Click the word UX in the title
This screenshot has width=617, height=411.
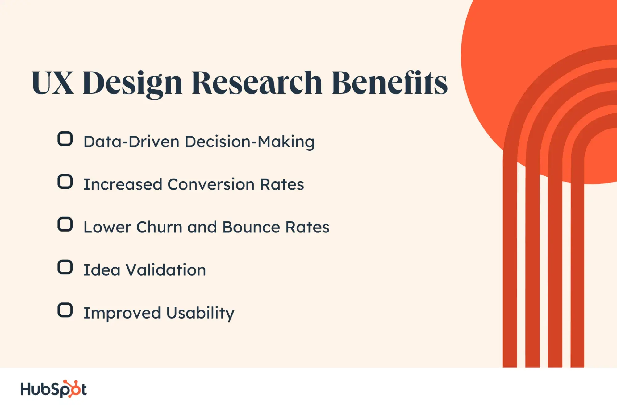[53, 82]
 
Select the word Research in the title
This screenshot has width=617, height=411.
[257, 82]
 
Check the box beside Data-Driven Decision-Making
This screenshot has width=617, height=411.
[65, 139]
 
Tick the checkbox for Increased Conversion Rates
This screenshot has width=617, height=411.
[65, 182]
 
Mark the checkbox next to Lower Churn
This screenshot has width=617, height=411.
[65, 224]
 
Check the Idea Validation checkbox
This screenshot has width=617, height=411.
[65, 267]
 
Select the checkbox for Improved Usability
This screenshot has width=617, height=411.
[65, 310]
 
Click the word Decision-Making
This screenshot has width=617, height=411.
[250, 142]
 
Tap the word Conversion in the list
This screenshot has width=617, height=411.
[211, 184]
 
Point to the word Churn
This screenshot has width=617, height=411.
[159, 227]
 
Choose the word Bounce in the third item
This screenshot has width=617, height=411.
[251, 227]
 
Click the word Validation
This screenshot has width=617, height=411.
[166, 270]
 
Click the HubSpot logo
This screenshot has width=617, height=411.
[53, 389]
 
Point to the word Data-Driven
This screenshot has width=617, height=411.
[131, 142]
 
